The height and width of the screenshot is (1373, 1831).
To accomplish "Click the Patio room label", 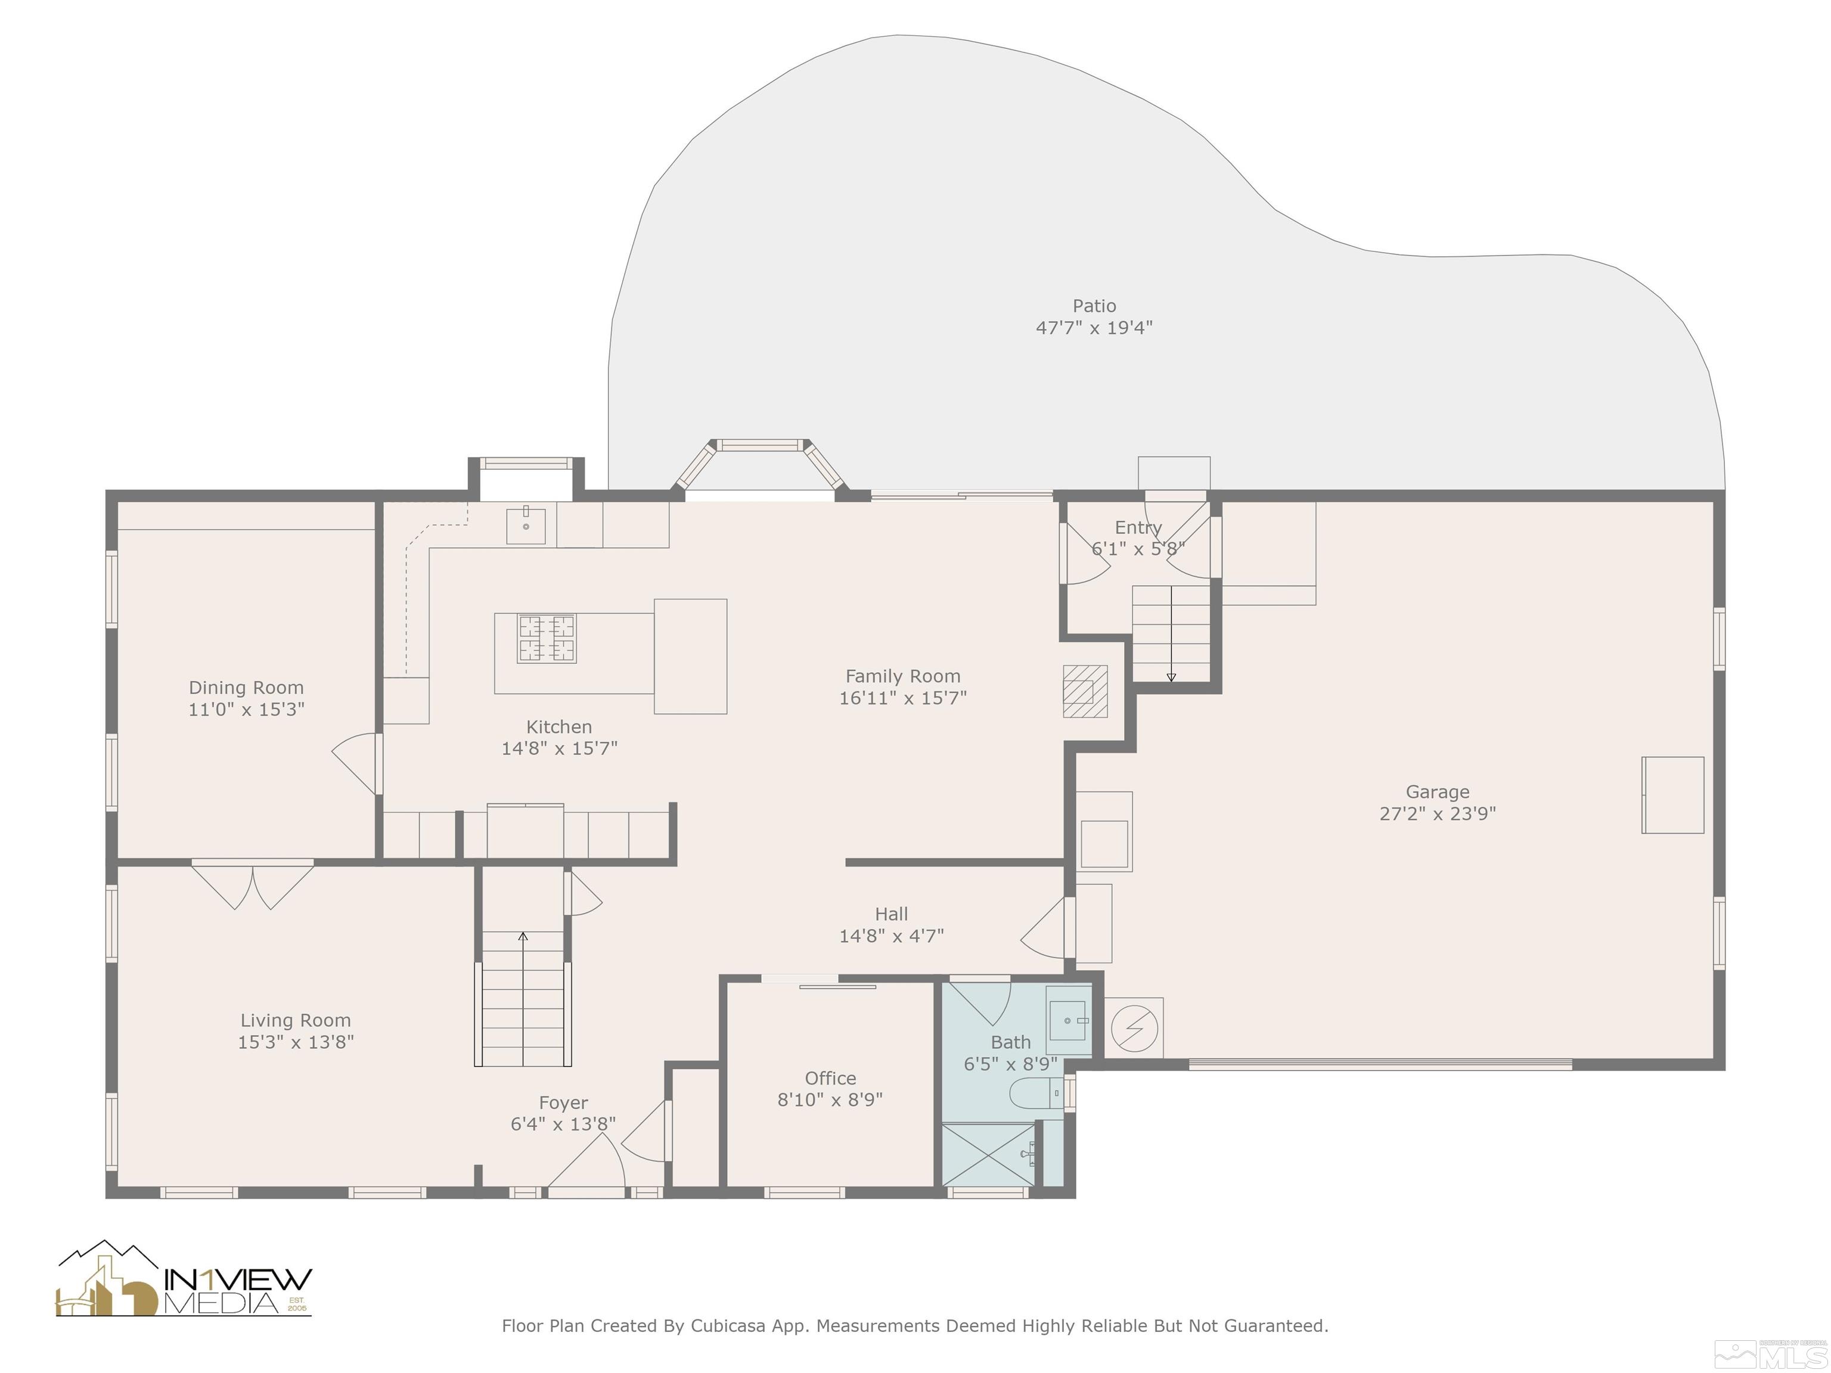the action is coord(1094,305).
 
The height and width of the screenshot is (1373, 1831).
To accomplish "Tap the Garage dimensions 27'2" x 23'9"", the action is coord(1437,813).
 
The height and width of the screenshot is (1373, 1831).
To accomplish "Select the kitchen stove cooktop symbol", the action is coord(547,638).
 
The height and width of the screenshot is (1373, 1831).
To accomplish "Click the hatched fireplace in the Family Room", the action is coord(1085,691).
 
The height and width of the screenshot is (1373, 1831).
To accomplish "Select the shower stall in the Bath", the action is coord(989,1154).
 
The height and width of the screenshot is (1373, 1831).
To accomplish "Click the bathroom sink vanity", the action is coord(1069,1020).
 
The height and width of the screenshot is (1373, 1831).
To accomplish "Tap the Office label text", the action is coord(830,1079).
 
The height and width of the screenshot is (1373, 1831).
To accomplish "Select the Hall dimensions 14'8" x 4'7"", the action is coord(892,936).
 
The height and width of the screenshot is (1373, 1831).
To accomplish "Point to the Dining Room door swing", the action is coord(356,764).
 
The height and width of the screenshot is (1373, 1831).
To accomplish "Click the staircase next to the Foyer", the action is coord(523,998).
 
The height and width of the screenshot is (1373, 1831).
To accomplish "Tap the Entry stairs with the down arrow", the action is coord(1171,633).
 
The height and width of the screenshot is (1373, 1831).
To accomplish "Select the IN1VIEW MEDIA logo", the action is coord(184,1279).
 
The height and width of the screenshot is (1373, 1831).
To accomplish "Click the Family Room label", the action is coord(902,676).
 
